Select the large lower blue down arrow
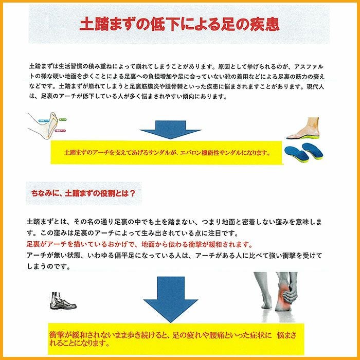coord(170,298)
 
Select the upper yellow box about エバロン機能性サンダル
coord(167,153)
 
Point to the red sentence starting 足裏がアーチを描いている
coord(139,244)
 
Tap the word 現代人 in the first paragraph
coord(320,86)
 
